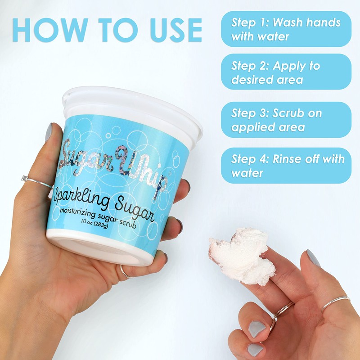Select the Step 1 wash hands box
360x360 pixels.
click(286, 29)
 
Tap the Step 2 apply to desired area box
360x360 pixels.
click(286, 72)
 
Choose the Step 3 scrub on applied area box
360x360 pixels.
click(286, 120)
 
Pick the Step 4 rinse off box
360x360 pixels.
click(286, 165)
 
